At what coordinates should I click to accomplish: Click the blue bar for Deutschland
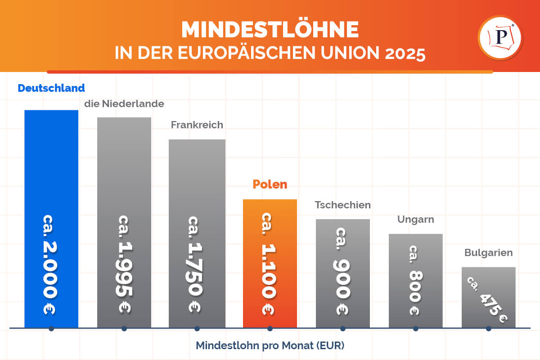click(51, 171)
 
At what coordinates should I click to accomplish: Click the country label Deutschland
click(51, 88)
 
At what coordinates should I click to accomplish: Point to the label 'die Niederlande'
click(124, 104)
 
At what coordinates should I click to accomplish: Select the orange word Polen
click(270, 184)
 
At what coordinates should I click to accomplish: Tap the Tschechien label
click(343, 205)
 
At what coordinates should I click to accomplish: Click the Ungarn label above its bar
click(416, 220)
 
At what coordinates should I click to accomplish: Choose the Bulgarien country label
click(489, 253)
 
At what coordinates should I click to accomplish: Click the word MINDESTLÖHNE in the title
click(270, 30)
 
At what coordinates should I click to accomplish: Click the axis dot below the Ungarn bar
click(416, 328)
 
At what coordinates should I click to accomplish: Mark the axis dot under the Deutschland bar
click(51, 328)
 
